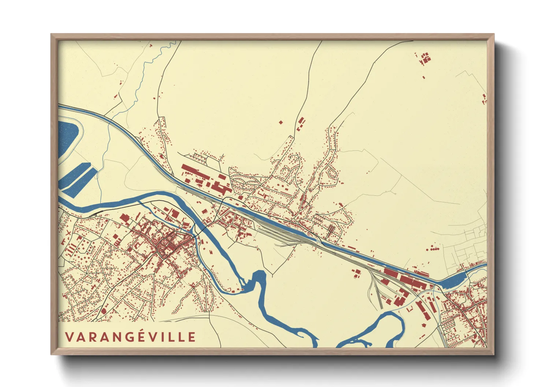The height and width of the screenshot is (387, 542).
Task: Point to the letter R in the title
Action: coord(92,337)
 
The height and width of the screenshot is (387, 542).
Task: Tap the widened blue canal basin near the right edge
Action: coord(453,281)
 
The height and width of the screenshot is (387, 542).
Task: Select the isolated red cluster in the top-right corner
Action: coord(424,59)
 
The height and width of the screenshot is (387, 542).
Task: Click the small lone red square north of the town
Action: coord(281,122)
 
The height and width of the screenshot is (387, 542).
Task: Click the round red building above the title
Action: coord(103,311)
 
